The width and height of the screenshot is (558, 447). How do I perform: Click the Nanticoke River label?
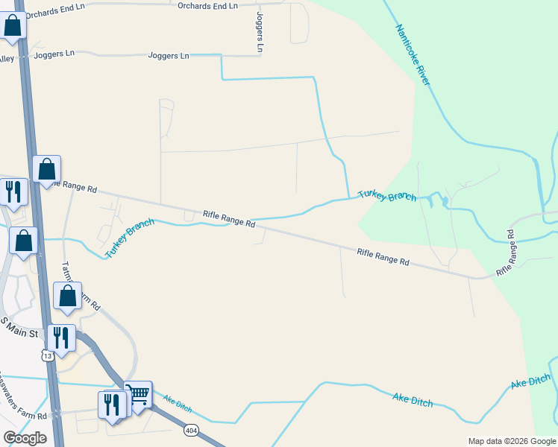(x=413, y=54)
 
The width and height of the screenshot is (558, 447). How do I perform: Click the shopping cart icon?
(x=138, y=393)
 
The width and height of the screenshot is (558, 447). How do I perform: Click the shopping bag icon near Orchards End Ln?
(x=13, y=25)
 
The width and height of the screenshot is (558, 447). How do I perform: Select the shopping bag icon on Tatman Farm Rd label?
(x=68, y=296)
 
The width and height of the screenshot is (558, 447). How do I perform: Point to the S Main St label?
(x=19, y=327)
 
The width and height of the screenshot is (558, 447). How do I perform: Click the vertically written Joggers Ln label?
(x=260, y=31)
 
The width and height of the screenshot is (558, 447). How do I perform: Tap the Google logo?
(x=25, y=438)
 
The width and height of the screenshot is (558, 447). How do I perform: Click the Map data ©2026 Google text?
(x=512, y=441)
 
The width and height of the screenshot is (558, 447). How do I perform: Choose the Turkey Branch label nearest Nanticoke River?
(x=386, y=195)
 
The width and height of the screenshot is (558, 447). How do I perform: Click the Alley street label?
(x=7, y=59)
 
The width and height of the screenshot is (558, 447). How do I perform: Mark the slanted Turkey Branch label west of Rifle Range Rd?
(x=129, y=238)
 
